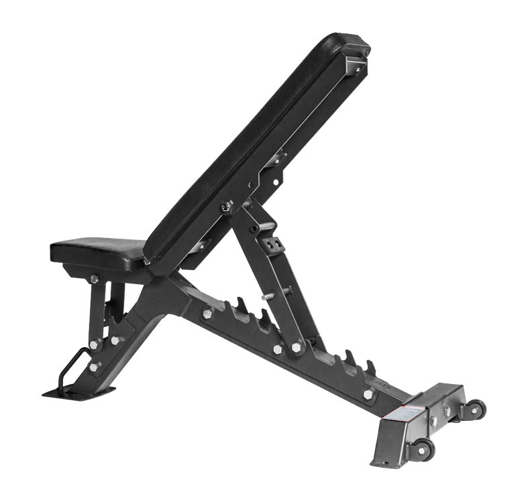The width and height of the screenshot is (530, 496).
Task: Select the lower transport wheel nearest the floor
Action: pyautogui.click(x=422, y=449)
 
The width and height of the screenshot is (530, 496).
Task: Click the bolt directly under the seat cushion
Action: pyautogui.click(x=94, y=279)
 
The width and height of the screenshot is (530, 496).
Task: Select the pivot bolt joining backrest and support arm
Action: pyautogui.click(x=227, y=207)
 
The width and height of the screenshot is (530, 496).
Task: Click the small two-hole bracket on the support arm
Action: pyautogui.click(x=273, y=245)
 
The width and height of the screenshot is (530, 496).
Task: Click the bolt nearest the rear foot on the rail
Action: pyautogui.click(x=368, y=394)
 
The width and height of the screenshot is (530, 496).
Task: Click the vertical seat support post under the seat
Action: pyautogui.click(x=99, y=302)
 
